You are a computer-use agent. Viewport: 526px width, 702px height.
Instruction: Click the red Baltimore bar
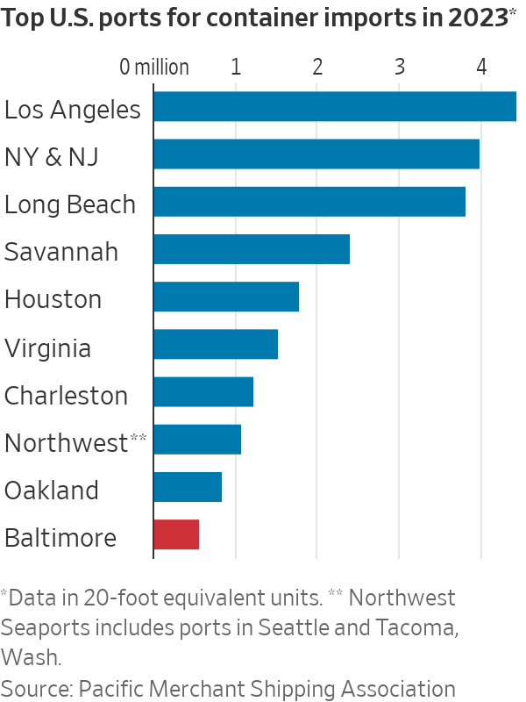176,534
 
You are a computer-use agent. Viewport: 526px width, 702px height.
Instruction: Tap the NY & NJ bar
316,154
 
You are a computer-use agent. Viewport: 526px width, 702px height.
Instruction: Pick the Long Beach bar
309,201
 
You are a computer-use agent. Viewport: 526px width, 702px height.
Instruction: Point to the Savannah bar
252,249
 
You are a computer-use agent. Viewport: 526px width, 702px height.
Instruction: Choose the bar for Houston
226,297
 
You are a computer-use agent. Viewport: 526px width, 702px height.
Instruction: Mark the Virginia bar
216,344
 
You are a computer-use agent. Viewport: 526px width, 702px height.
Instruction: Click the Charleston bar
203,391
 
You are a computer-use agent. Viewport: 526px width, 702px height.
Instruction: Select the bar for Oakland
188,487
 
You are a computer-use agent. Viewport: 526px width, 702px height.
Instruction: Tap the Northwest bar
197,439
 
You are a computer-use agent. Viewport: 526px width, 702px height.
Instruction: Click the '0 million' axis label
155,67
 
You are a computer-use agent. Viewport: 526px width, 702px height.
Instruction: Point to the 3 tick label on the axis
399,67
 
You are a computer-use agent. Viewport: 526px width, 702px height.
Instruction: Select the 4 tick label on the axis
480,67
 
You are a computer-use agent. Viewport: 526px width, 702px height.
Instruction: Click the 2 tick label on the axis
316,67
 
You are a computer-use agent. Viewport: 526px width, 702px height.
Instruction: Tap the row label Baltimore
60,538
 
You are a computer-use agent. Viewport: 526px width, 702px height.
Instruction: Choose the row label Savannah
61,253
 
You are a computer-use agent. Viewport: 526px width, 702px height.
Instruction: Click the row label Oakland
52,491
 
